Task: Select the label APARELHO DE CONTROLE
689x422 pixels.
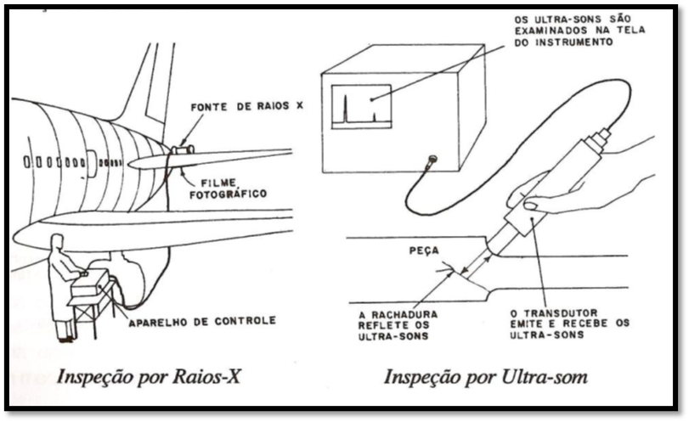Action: pyautogui.click(x=201, y=321)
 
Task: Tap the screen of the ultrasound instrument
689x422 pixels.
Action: pyautogui.click(x=361, y=106)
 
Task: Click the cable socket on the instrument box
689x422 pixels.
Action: pyautogui.click(x=432, y=158)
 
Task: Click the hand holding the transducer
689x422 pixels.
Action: pyautogui.click(x=578, y=183)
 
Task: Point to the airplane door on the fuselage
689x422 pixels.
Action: pyautogui.click(x=90, y=164)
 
